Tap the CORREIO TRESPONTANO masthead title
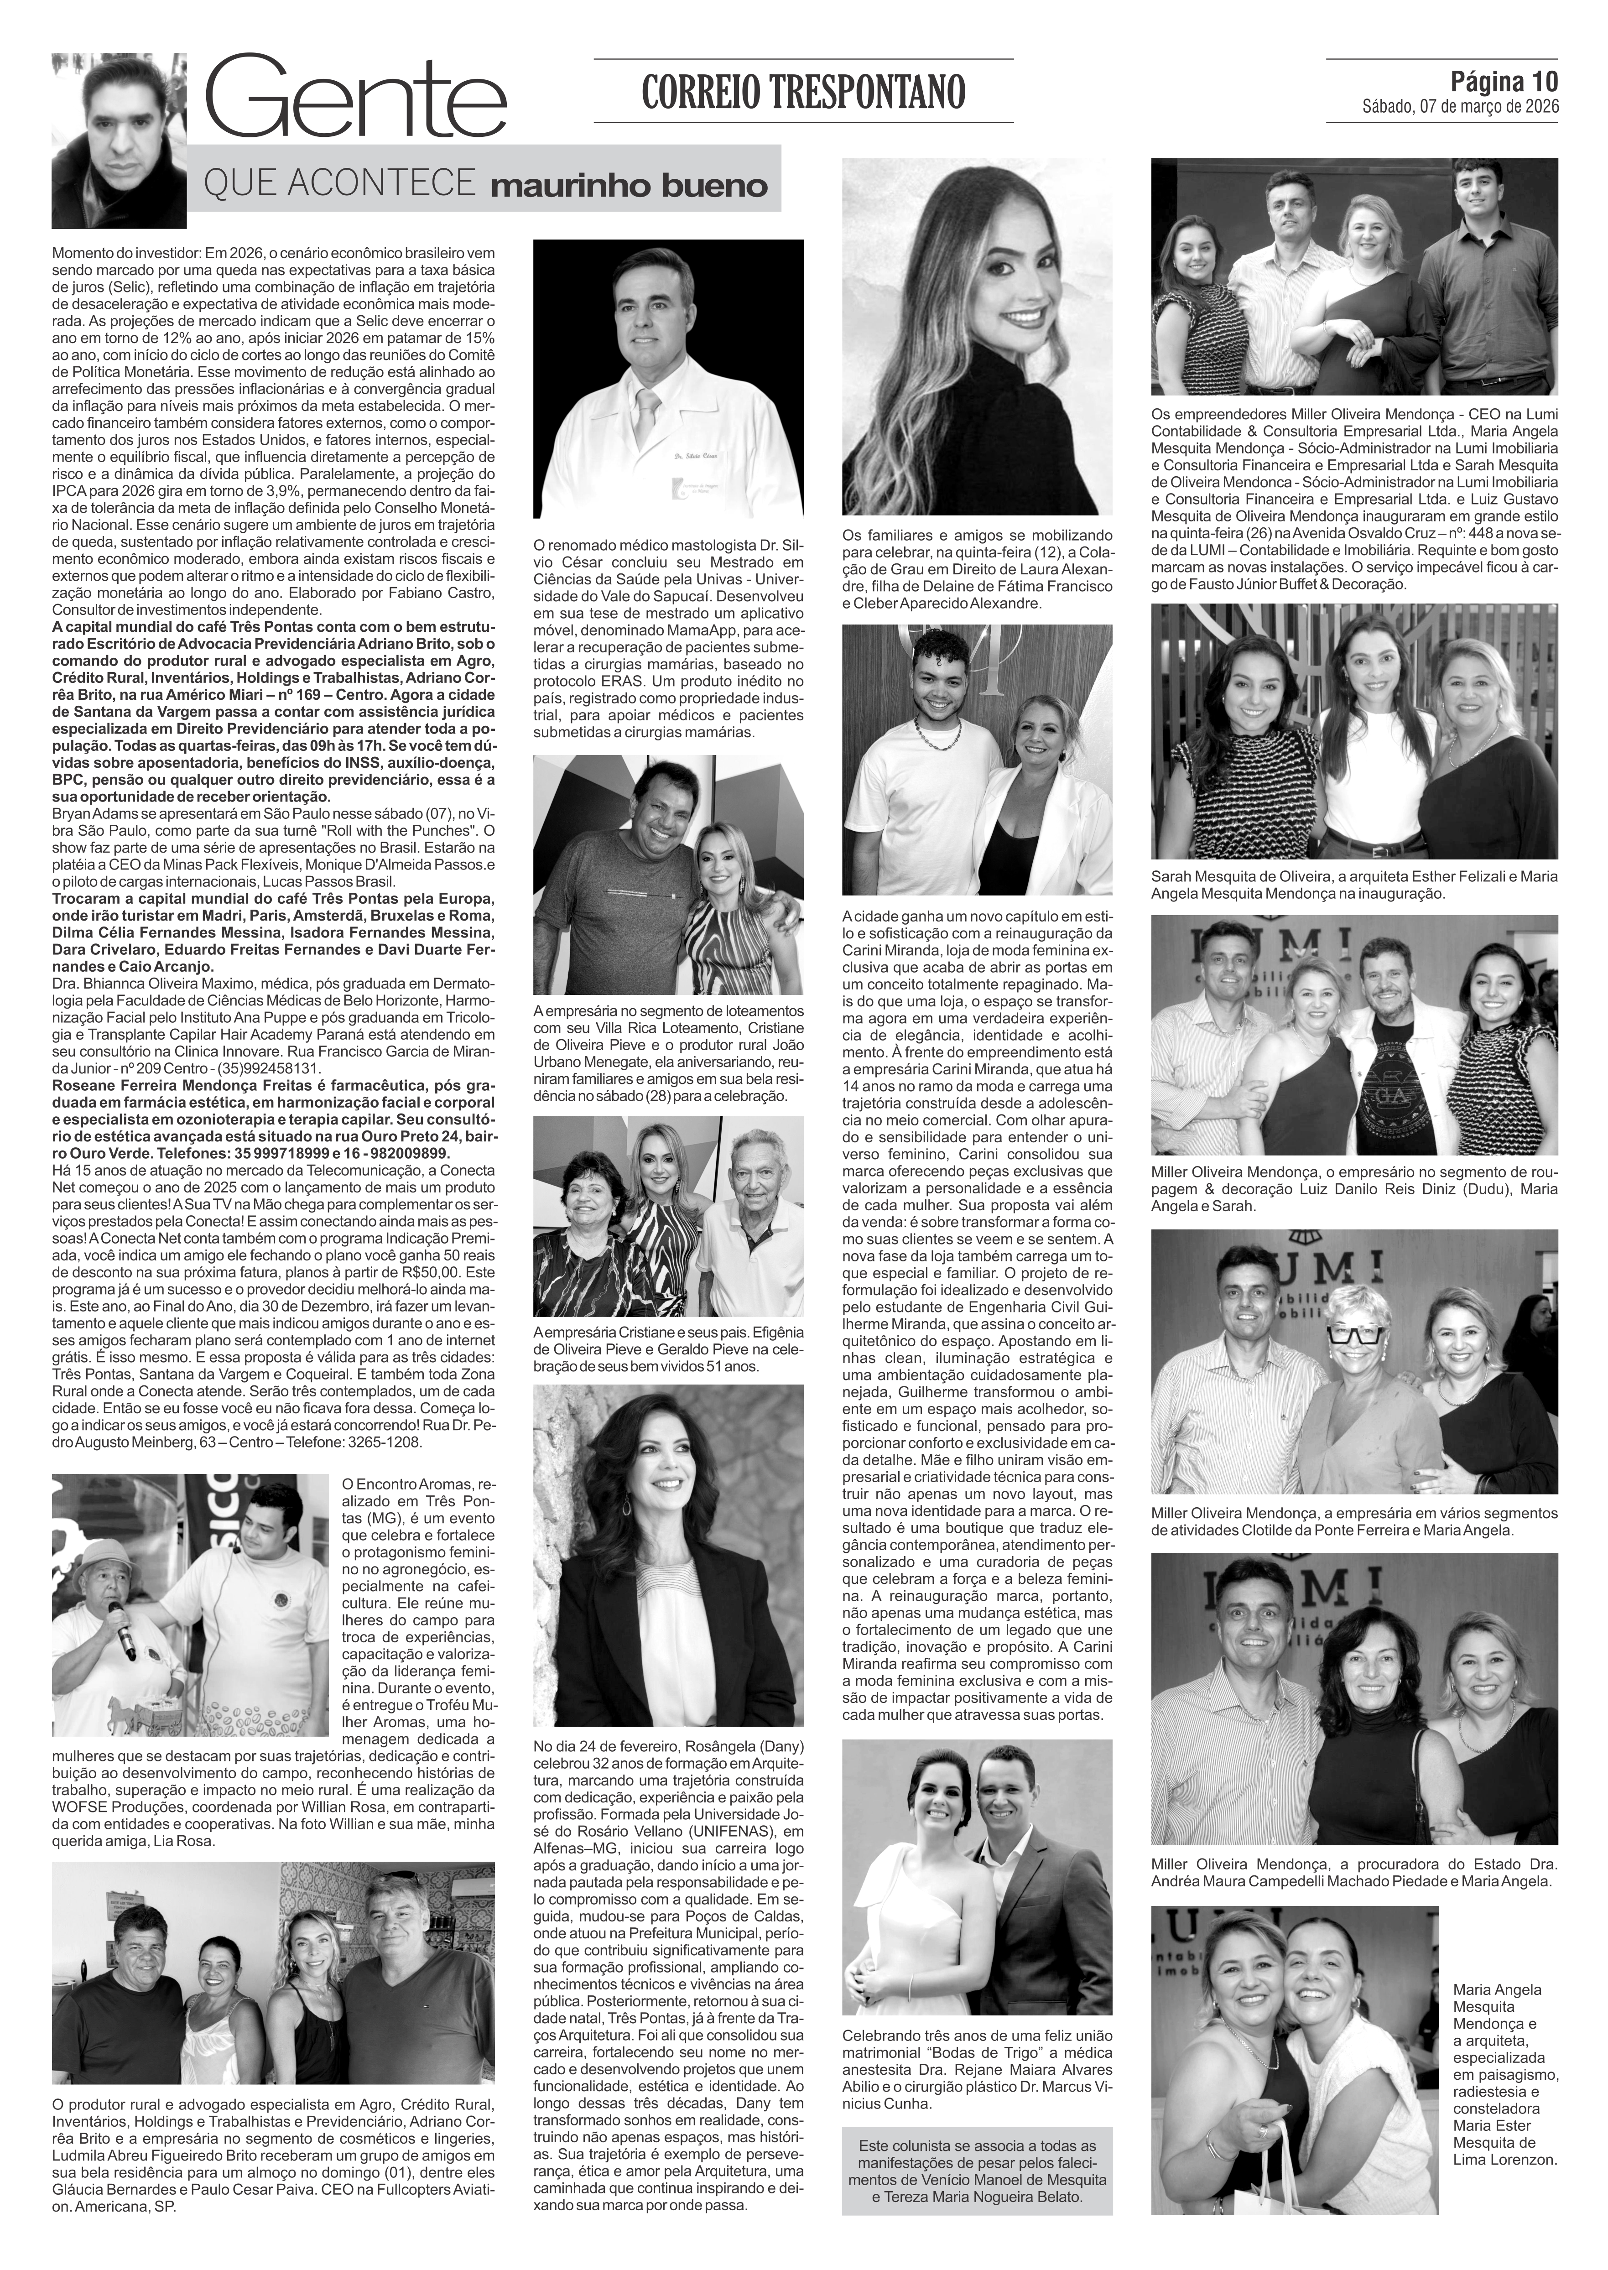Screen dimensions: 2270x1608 (803, 92)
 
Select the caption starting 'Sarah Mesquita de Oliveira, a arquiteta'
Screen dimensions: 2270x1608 (1353, 884)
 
